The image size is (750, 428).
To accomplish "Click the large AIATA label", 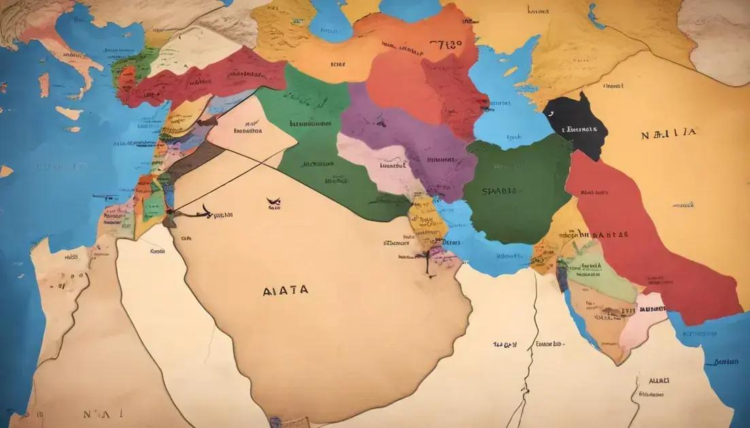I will tap(285, 290).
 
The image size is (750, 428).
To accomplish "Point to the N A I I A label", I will tap(668, 134).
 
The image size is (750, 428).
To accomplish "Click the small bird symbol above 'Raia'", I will tap(274, 201).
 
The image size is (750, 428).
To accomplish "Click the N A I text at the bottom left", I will tap(92, 413).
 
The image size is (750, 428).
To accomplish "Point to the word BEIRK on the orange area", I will tap(338, 65).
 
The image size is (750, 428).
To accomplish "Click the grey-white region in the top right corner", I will tap(717, 34).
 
